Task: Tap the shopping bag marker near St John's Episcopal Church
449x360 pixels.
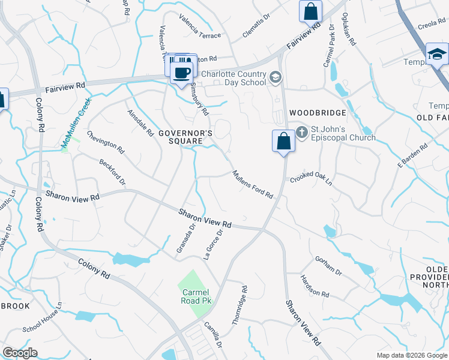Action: pos(283,142)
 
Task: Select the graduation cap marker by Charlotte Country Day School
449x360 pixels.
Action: pos(276,77)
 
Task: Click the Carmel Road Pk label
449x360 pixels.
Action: pos(195,296)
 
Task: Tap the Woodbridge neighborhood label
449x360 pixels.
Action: pos(318,113)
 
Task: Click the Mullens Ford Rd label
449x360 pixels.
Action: pos(253,185)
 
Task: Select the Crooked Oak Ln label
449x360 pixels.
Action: pos(311,179)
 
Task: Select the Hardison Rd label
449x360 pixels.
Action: pos(315,286)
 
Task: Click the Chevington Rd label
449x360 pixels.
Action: pos(105,142)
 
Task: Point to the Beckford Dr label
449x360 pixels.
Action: pos(113,172)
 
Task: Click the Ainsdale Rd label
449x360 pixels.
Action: pos(140,122)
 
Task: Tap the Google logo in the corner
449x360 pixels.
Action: pos(20,353)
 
